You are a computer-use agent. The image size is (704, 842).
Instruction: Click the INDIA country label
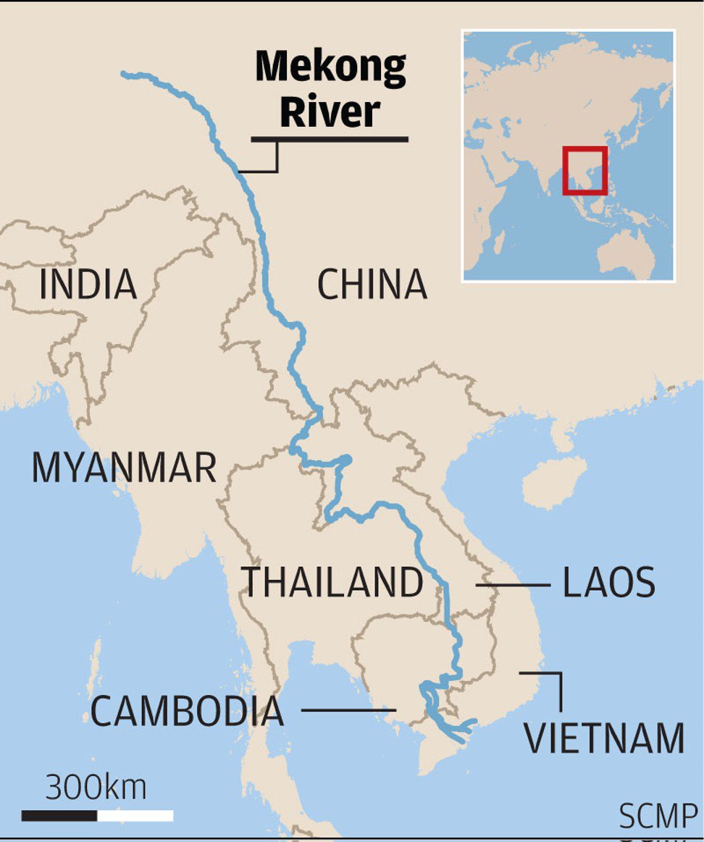click(x=88, y=285)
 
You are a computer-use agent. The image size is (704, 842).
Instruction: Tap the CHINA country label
click(x=372, y=285)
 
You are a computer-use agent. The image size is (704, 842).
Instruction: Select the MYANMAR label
click(x=124, y=468)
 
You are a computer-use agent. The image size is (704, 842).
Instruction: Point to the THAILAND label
click(x=332, y=583)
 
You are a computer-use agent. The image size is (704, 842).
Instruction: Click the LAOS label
click(x=609, y=584)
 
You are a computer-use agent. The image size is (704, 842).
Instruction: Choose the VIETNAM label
click(x=604, y=738)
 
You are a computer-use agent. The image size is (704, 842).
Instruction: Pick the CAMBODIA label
click(x=187, y=712)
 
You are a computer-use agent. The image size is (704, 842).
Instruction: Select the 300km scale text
click(x=96, y=787)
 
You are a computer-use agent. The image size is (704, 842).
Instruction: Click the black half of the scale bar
click(x=59, y=816)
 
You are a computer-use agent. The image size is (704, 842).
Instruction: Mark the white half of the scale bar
click(x=135, y=816)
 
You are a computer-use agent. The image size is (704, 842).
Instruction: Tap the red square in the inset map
click(x=584, y=171)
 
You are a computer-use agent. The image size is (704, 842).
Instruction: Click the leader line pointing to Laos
click(x=512, y=585)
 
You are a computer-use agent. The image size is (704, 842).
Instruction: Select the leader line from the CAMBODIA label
click(x=348, y=710)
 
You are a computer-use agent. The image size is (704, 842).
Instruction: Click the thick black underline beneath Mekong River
click(x=330, y=138)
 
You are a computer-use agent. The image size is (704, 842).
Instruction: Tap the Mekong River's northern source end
click(x=125, y=74)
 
